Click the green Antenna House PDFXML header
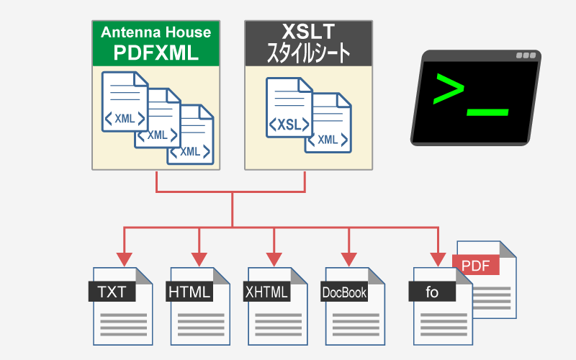click(156, 43)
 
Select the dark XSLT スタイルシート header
click(308, 43)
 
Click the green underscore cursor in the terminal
click(487, 112)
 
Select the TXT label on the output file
click(112, 292)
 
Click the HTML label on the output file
click(189, 292)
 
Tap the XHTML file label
click(267, 292)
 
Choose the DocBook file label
click(344, 292)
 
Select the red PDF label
click(476, 265)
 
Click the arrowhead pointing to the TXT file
click(123, 258)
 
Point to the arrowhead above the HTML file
click(199, 258)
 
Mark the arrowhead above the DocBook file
click(349, 258)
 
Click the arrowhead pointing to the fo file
click(437, 258)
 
